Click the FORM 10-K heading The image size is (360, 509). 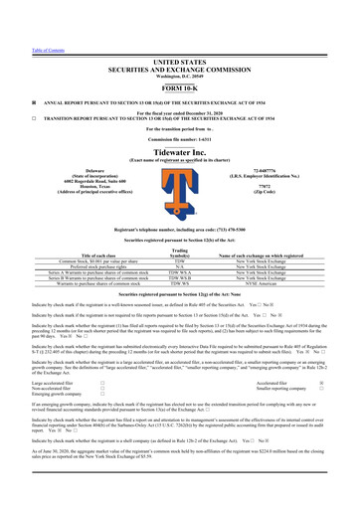click(x=179, y=61)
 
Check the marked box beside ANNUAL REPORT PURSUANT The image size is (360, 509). click(x=8, y=79)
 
